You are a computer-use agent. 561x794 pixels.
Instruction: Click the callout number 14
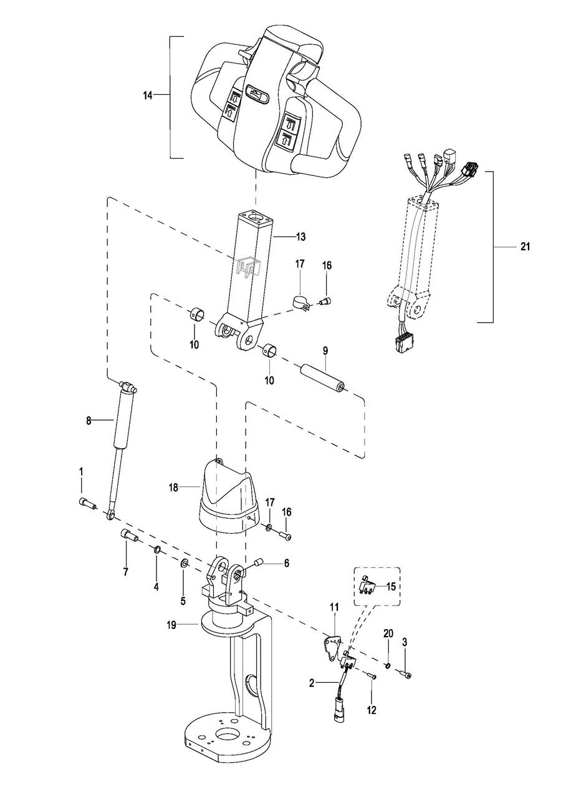coord(148,96)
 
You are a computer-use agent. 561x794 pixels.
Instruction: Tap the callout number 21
coord(525,247)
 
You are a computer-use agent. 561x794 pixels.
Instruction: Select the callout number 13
coord(300,237)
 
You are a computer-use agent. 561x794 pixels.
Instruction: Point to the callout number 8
coord(89,421)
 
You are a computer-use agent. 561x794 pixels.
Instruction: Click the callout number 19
coord(171,625)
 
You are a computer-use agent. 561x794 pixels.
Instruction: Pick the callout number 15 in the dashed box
coord(391,586)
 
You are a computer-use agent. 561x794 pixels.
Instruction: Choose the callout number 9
coord(325,351)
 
